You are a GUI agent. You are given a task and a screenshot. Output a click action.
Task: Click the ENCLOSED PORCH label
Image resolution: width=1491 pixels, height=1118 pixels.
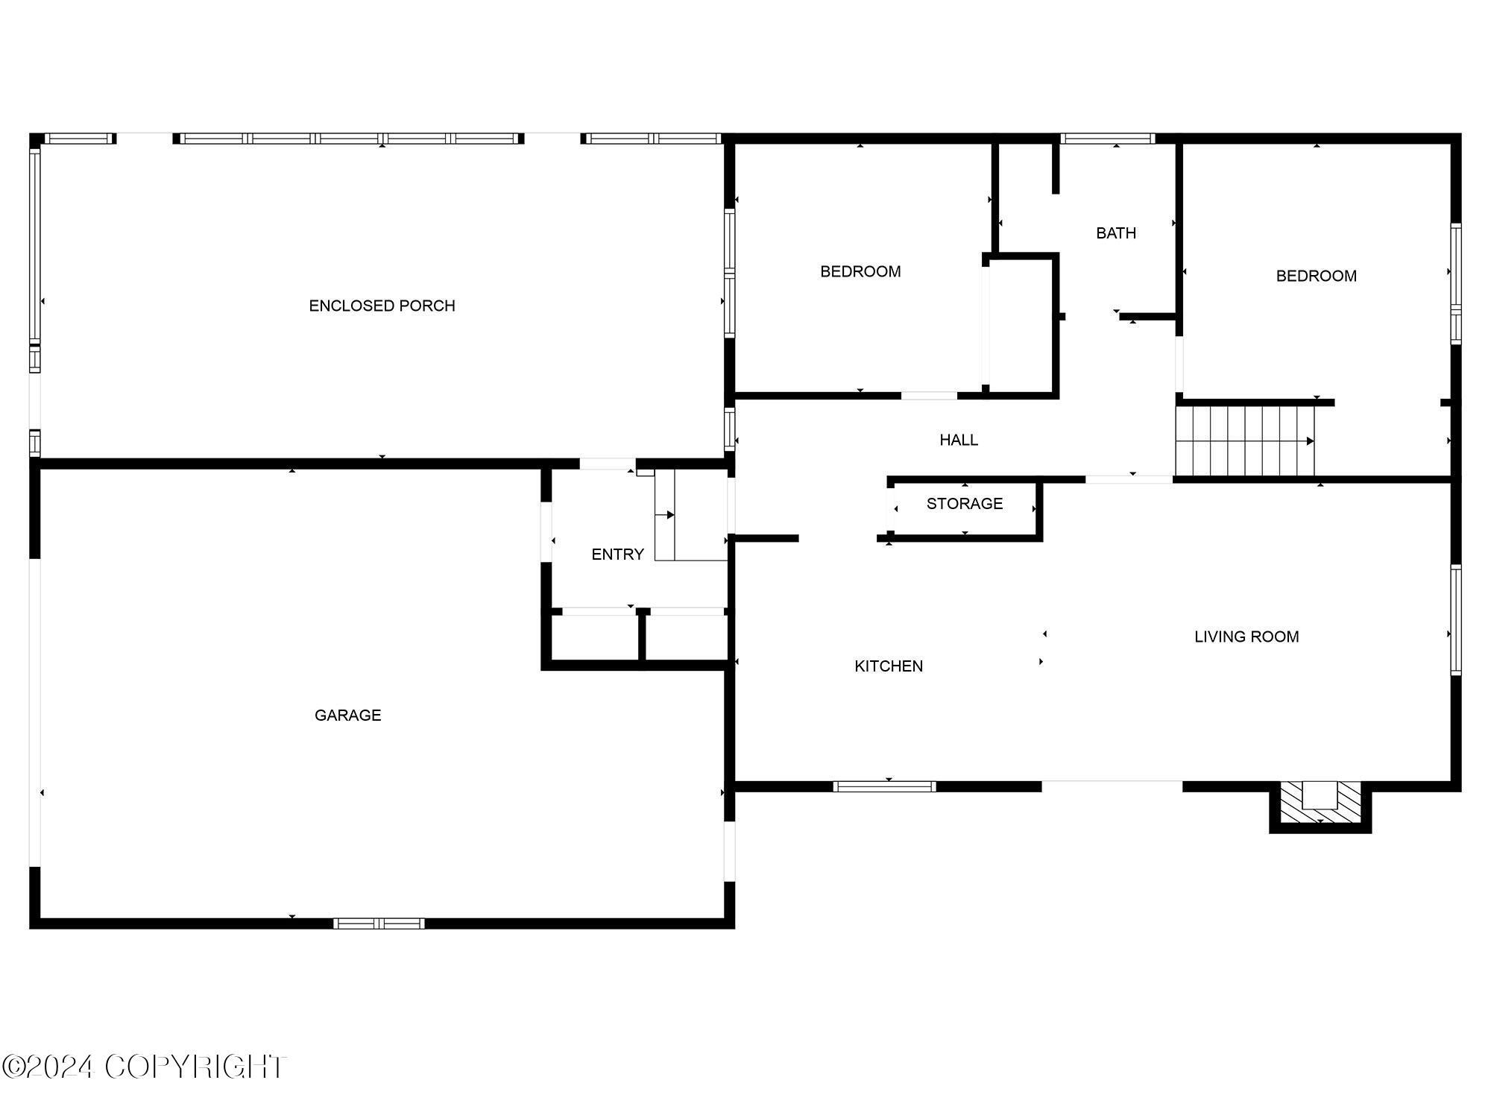(x=382, y=306)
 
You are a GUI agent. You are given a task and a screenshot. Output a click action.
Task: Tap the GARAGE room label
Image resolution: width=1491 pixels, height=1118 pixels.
(x=347, y=716)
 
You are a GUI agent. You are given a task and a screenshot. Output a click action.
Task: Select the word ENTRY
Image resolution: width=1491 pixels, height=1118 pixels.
(x=617, y=555)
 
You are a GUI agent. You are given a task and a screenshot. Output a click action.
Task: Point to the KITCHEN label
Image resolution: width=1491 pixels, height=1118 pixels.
(x=889, y=666)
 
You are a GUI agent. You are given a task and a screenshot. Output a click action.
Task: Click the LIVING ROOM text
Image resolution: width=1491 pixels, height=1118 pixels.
(x=1246, y=637)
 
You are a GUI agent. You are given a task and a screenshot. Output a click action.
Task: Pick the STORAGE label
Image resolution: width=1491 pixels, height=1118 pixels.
(x=965, y=504)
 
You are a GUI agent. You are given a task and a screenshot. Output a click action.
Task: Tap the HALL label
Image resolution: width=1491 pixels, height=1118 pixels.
(x=959, y=440)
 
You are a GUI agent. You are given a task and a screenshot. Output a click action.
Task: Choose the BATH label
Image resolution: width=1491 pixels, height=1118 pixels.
(x=1116, y=233)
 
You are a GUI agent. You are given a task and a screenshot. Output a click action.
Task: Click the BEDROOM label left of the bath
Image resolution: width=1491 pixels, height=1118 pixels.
(x=860, y=272)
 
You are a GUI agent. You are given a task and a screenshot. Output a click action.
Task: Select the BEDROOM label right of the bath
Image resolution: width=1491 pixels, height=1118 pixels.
(x=1316, y=277)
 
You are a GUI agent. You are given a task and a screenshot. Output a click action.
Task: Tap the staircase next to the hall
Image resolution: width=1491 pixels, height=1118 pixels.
(x=1245, y=440)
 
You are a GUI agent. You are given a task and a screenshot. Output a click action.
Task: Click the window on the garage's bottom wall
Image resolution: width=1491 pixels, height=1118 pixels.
(x=379, y=923)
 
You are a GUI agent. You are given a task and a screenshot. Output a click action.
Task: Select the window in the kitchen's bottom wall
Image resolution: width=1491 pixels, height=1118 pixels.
(x=884, y=786)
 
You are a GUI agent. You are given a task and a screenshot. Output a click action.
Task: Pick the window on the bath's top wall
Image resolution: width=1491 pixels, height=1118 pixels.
(x=1107, y=139)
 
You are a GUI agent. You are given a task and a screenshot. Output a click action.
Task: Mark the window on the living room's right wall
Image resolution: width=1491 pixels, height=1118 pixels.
(x=1456, y=620)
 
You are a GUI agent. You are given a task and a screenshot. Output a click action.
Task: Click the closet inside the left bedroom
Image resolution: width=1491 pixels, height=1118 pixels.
(x=1020, y=325)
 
